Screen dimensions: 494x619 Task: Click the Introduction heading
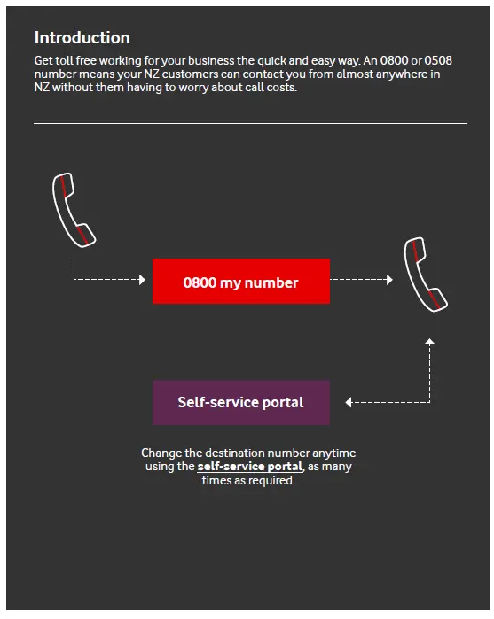82,38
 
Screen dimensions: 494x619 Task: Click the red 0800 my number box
240,282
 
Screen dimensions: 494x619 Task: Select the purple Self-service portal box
240,403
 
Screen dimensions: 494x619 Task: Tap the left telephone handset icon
73,210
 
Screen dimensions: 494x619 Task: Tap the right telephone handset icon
424,274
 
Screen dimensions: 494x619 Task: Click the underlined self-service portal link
250,467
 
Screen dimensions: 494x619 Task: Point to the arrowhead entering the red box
141,280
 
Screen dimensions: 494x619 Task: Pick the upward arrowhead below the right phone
429,341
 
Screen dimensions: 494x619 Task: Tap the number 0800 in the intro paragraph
379,60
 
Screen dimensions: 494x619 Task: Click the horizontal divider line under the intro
250,124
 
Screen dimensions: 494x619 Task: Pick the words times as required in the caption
248,481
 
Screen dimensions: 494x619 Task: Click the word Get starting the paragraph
43,60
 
